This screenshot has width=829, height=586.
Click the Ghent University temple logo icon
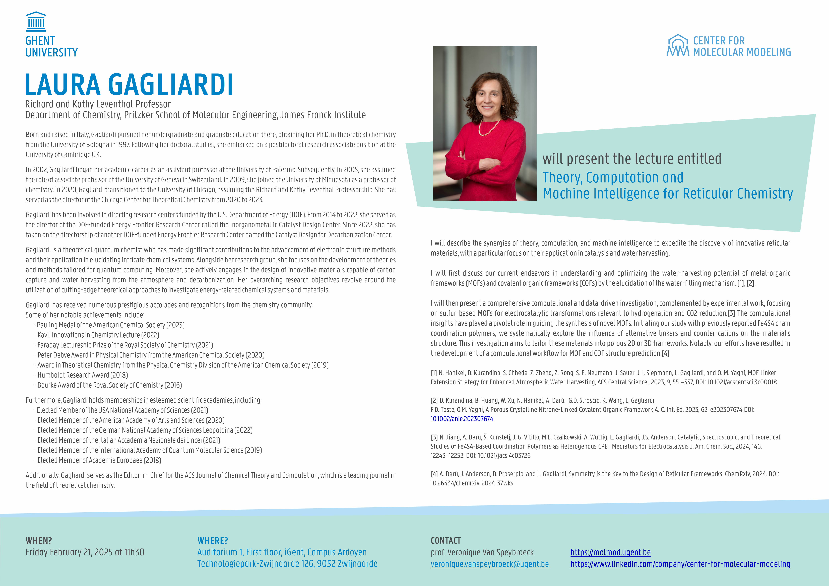[x=36, y=22]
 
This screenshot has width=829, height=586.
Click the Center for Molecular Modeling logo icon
[x=678, y=46]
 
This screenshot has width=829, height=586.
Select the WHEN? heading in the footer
[x=39, y=541]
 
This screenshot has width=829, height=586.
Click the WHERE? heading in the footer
[x=213, y=541]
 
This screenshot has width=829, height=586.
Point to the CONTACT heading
[x=445, y=541]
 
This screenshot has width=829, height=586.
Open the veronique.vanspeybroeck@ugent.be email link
[x=490, y=564]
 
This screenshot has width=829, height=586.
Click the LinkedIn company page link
[x=680, y=564]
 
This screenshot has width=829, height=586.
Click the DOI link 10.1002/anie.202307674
[x=462, y=419]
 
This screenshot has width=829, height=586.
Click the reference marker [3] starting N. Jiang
[x=434, y=437]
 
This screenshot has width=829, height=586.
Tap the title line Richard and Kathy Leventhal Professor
[x=98, y=104]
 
